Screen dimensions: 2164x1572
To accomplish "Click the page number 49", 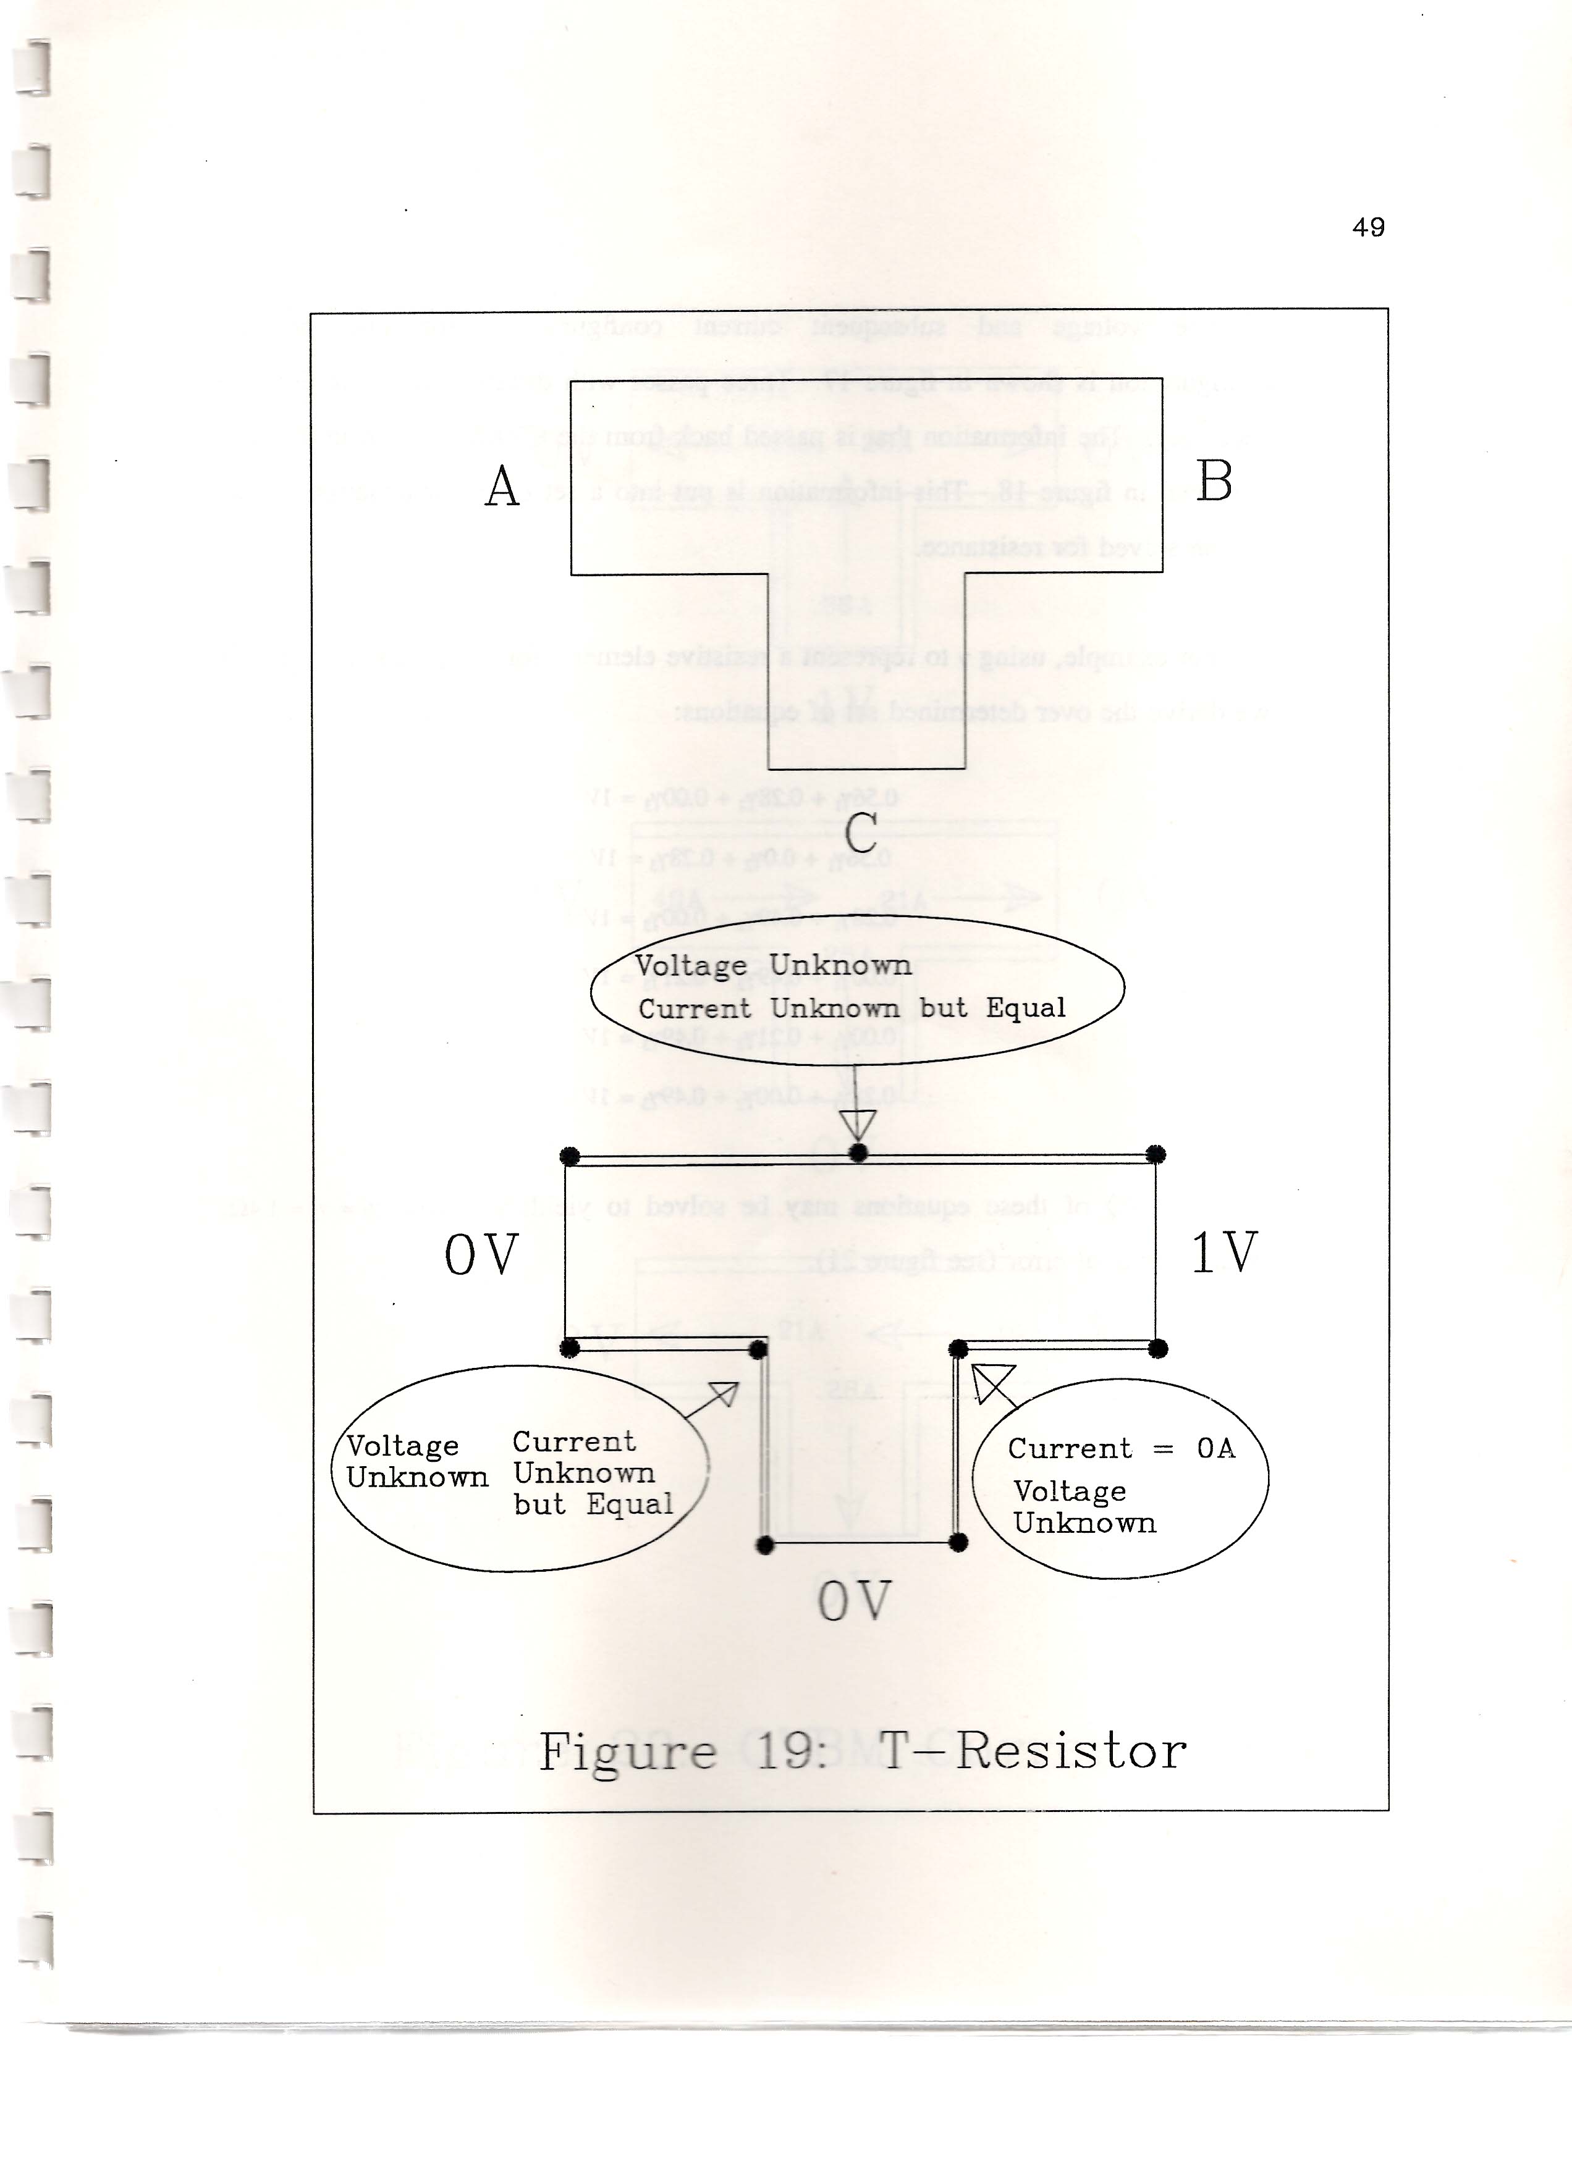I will (x=1367, y=227).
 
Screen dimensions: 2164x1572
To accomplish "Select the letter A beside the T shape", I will (x=502, y=487).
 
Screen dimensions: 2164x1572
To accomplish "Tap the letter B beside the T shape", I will (x=1214, y=481).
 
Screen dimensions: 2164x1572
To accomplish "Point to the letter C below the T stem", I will (x=860, y=832).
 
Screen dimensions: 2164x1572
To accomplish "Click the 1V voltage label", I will (x=1225, y=1252).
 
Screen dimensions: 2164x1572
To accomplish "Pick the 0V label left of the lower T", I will (x=481, y=1255).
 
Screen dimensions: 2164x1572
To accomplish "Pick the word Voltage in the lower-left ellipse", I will (x=402, y=1446).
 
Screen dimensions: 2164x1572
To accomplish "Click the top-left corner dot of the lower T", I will (x=570, y=1157).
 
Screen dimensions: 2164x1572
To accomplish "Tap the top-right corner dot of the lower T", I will (x=1156, y=1154).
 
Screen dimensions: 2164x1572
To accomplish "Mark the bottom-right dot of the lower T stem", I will (x=959, y=1543).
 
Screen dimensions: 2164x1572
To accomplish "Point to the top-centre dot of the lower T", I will (x=858, y=1152).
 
